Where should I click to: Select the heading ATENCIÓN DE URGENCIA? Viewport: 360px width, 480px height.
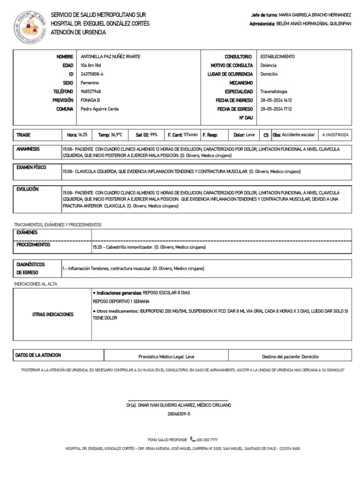pyautogui.click(x=78, y=32)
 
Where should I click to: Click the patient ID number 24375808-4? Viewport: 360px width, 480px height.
pyautogui.click(x=92, y=74)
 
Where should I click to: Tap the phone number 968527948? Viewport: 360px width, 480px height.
pyautogui.click(x=91, y=91)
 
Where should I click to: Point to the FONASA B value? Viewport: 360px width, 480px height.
pyautogui.click(x=90, y=100)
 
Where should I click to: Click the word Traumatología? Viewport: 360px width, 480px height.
pyautogui.click(x=274, y=91)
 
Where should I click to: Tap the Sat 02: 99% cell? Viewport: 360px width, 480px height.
pyautogui.click(x=147, y=135)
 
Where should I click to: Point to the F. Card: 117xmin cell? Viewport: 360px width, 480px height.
pyautogui.click(x=182, y=135)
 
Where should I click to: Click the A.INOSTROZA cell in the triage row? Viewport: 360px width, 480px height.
pyautogui.click(x=335, y=135)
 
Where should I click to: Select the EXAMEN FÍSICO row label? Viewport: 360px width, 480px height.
pyautogui.click(x=31, y=167)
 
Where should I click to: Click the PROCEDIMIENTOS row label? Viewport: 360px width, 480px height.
pyautogui.click(x=34, y=245)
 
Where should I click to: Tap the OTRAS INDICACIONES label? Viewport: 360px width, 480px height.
pyautogui.click(x=52, y=314)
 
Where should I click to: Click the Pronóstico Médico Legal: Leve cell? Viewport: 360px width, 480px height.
pyautogui.click(x=166, y=356)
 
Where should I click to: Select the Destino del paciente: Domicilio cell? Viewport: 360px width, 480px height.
pyautogui.click(x=289, y=356)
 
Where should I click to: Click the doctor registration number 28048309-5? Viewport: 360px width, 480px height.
pyautogui.click(x=179, y=414)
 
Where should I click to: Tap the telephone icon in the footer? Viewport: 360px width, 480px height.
pyautogui.click(x=193, y=439)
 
